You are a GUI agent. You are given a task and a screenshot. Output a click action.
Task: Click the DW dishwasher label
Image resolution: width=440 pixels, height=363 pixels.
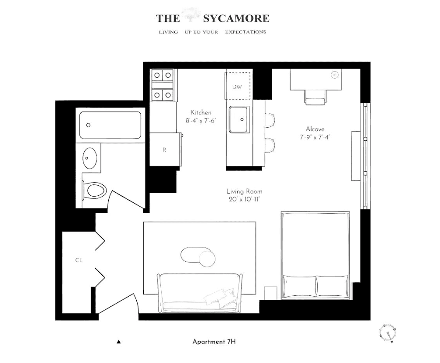coord(237,87)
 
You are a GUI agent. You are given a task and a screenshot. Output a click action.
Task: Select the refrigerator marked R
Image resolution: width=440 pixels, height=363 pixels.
coord(164,150)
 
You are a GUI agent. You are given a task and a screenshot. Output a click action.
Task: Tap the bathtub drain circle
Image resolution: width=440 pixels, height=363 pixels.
coord(89,125)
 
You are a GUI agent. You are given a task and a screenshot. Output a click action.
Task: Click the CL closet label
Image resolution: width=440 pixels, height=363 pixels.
coord(79,260)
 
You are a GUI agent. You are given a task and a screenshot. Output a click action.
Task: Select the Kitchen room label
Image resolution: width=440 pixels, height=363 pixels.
coord(201,112)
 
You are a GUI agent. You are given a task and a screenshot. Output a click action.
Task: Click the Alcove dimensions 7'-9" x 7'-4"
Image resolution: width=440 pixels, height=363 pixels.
coord(315,137)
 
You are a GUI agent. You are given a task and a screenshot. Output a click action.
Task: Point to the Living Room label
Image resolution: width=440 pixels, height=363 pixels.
coord(245,191)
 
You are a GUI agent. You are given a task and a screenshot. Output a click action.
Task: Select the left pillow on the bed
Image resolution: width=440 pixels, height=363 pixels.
coord(299,286)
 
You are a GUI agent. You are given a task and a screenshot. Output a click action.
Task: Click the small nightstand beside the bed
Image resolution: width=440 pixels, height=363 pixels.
coord(270,293)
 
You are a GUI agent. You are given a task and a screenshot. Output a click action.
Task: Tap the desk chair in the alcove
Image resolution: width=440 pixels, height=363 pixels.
coord(316,98)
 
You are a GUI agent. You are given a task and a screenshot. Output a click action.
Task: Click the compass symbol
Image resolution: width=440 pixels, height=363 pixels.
coord(388,332)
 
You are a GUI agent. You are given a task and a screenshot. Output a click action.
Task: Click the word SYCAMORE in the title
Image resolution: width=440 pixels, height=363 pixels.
coord(236,18)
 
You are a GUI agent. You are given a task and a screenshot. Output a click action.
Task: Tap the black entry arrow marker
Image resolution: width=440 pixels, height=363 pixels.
coord(118,341)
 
